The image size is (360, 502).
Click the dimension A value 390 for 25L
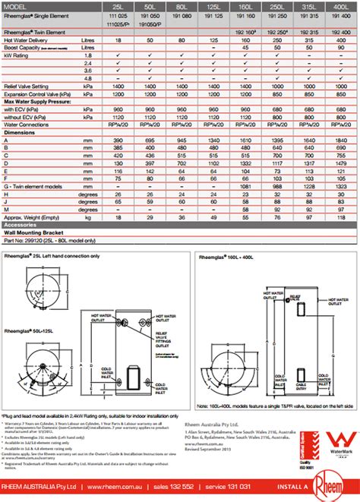[x=117, y=140]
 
